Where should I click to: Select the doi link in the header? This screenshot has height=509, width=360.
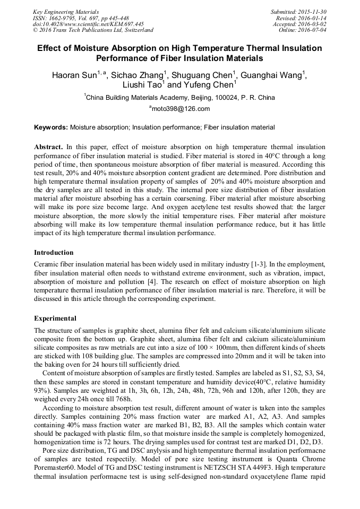88,24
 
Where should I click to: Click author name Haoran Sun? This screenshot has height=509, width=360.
74,75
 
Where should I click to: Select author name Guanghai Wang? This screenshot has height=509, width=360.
273,75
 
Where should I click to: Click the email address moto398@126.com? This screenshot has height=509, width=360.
181,109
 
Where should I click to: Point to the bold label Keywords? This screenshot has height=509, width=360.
51,127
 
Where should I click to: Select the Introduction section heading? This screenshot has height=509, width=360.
54,253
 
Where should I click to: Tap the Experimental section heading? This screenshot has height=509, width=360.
55,318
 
